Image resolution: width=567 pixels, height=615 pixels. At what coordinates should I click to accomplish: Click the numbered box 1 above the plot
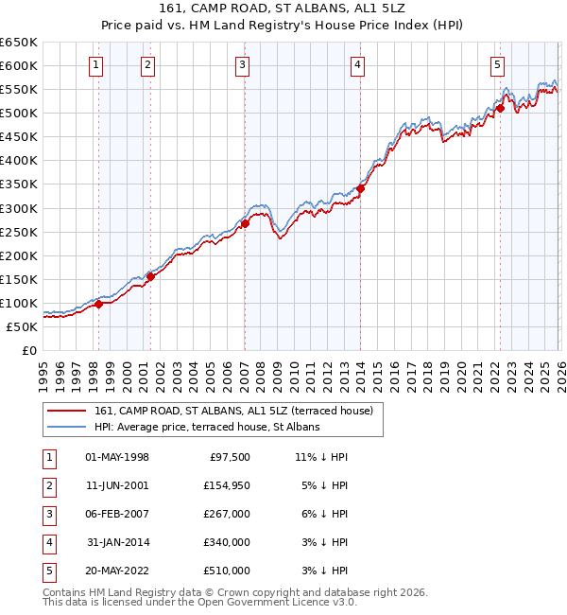pos(97,65)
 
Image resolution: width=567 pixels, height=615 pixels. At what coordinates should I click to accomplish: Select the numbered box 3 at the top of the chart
pos(243,65)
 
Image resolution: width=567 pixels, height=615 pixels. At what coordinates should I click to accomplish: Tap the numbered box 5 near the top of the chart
pos(497,65)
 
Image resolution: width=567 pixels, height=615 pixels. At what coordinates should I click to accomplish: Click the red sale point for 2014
pos(360,188)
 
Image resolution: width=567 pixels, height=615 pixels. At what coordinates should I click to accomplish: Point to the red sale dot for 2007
pos(245,224)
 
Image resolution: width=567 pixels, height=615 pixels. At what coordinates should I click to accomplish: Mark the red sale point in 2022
pos(499,108)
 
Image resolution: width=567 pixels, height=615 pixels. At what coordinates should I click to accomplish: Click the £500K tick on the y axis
pos(19,113)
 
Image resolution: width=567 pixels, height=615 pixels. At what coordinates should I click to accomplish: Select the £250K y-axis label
pos(19,232)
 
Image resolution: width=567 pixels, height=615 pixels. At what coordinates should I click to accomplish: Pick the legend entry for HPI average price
pos(207,427)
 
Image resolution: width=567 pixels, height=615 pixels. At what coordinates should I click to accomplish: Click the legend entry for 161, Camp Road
pos(234,411)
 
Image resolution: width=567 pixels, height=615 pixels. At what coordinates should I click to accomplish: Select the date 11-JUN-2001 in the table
pos(117,485)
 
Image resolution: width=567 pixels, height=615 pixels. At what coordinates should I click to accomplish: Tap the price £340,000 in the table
pos(226,542)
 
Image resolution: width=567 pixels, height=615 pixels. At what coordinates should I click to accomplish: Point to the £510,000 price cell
pos(226,571)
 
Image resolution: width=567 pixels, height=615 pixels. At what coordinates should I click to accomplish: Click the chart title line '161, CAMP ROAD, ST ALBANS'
pos(283,10)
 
